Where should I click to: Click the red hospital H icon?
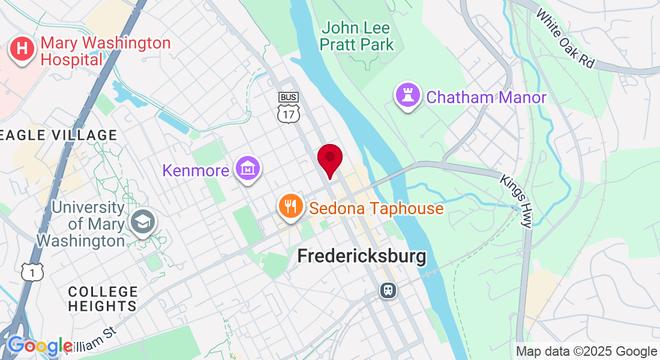[22, 50]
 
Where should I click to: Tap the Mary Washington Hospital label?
[105, 51]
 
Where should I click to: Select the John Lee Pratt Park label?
[357, 36]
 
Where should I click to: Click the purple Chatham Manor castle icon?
[407, 95]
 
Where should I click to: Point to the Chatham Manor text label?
[486, 97]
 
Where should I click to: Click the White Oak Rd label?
[565, 38]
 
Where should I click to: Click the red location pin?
[329, 159]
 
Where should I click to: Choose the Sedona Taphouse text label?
[376, 209]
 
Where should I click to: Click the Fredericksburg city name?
[362, 257]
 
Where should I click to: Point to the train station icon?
[388, 290]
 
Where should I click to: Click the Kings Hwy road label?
[517, 201]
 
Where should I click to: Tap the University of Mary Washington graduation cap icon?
[143, 222]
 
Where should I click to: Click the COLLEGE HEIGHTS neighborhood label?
[103, 299]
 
